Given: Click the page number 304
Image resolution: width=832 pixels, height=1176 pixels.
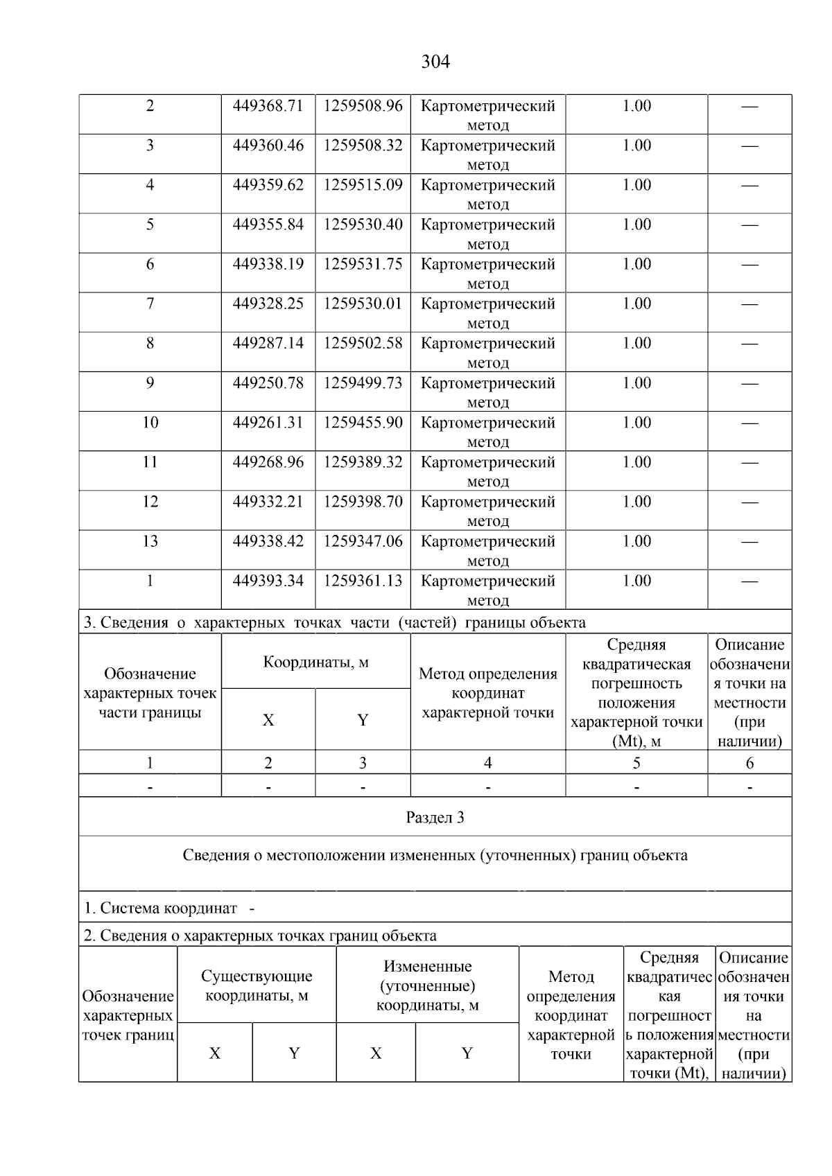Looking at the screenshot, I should [x=435, y=62].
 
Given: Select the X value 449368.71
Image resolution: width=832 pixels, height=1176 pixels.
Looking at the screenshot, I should [x=268, y=106].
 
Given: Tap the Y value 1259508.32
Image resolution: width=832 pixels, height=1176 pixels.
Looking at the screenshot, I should [x=363, y=146].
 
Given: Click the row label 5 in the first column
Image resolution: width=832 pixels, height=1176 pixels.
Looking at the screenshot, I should [x=150, y=225].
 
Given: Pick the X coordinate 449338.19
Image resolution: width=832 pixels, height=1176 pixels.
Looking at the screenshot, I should [x=268, y=264].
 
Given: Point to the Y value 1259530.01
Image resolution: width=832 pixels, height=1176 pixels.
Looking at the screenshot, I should [x=363, y=304].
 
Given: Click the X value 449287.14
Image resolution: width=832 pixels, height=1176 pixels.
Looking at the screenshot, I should [x=268, y=343].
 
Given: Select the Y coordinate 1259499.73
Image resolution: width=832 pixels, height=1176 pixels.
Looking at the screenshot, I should [x=363, y=383].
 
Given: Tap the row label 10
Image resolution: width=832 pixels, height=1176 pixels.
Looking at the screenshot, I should [x=150, y=423].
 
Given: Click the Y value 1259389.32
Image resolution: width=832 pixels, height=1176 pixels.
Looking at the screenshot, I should [x=363, y=462].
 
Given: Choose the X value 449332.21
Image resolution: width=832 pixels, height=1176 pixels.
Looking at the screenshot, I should [x=268, y=502].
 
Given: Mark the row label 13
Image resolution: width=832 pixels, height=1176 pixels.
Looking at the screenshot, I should [x=150, y=541].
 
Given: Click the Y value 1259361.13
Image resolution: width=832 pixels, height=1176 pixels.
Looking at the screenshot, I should [x=363, y=581].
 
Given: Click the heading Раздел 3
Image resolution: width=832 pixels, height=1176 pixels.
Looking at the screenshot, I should [x=435, y=818].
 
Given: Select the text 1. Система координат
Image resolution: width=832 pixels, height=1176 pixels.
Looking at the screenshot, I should [x=161, y=908].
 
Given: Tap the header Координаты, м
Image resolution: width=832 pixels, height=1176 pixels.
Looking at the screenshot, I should [x=315, y=662].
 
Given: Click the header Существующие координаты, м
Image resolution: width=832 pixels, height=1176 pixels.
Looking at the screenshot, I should [x=257, y=985].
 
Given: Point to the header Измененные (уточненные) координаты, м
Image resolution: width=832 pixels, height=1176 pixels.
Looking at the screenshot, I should [x=427, y=985].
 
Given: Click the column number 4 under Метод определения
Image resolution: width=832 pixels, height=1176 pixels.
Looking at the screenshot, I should [x=487, y=763].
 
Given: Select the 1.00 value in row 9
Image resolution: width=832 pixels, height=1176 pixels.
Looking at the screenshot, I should [x=636, y=383].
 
